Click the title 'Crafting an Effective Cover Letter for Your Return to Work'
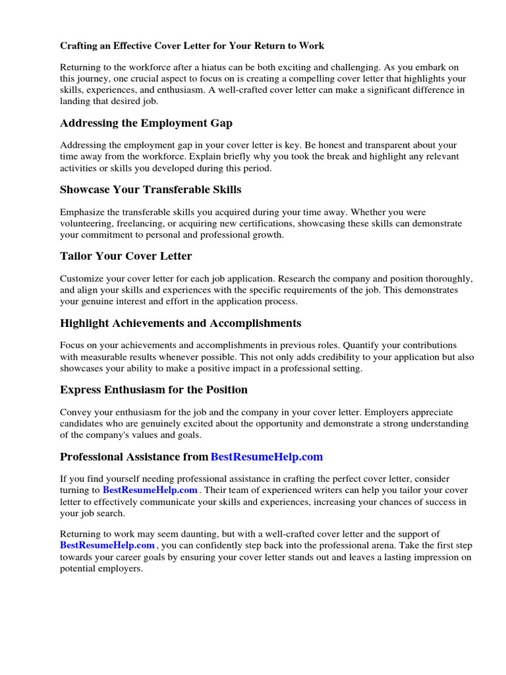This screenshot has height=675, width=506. (x=192, y=46)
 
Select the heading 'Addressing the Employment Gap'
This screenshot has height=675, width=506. (x=146, y=123)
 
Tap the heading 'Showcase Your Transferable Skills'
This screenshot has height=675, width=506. (x=150, y=190)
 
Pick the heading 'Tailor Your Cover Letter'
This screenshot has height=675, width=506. (x=126, y=256)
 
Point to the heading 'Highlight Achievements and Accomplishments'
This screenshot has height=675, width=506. (x=181, y=323)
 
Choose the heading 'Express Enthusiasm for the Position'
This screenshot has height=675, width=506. (x=154, y=390)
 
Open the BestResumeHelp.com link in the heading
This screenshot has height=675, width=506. (x=267, y=457)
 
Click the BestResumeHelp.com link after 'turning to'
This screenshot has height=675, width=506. (x=150, y=490)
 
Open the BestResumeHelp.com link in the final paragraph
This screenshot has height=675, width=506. (x=107, y=545)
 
